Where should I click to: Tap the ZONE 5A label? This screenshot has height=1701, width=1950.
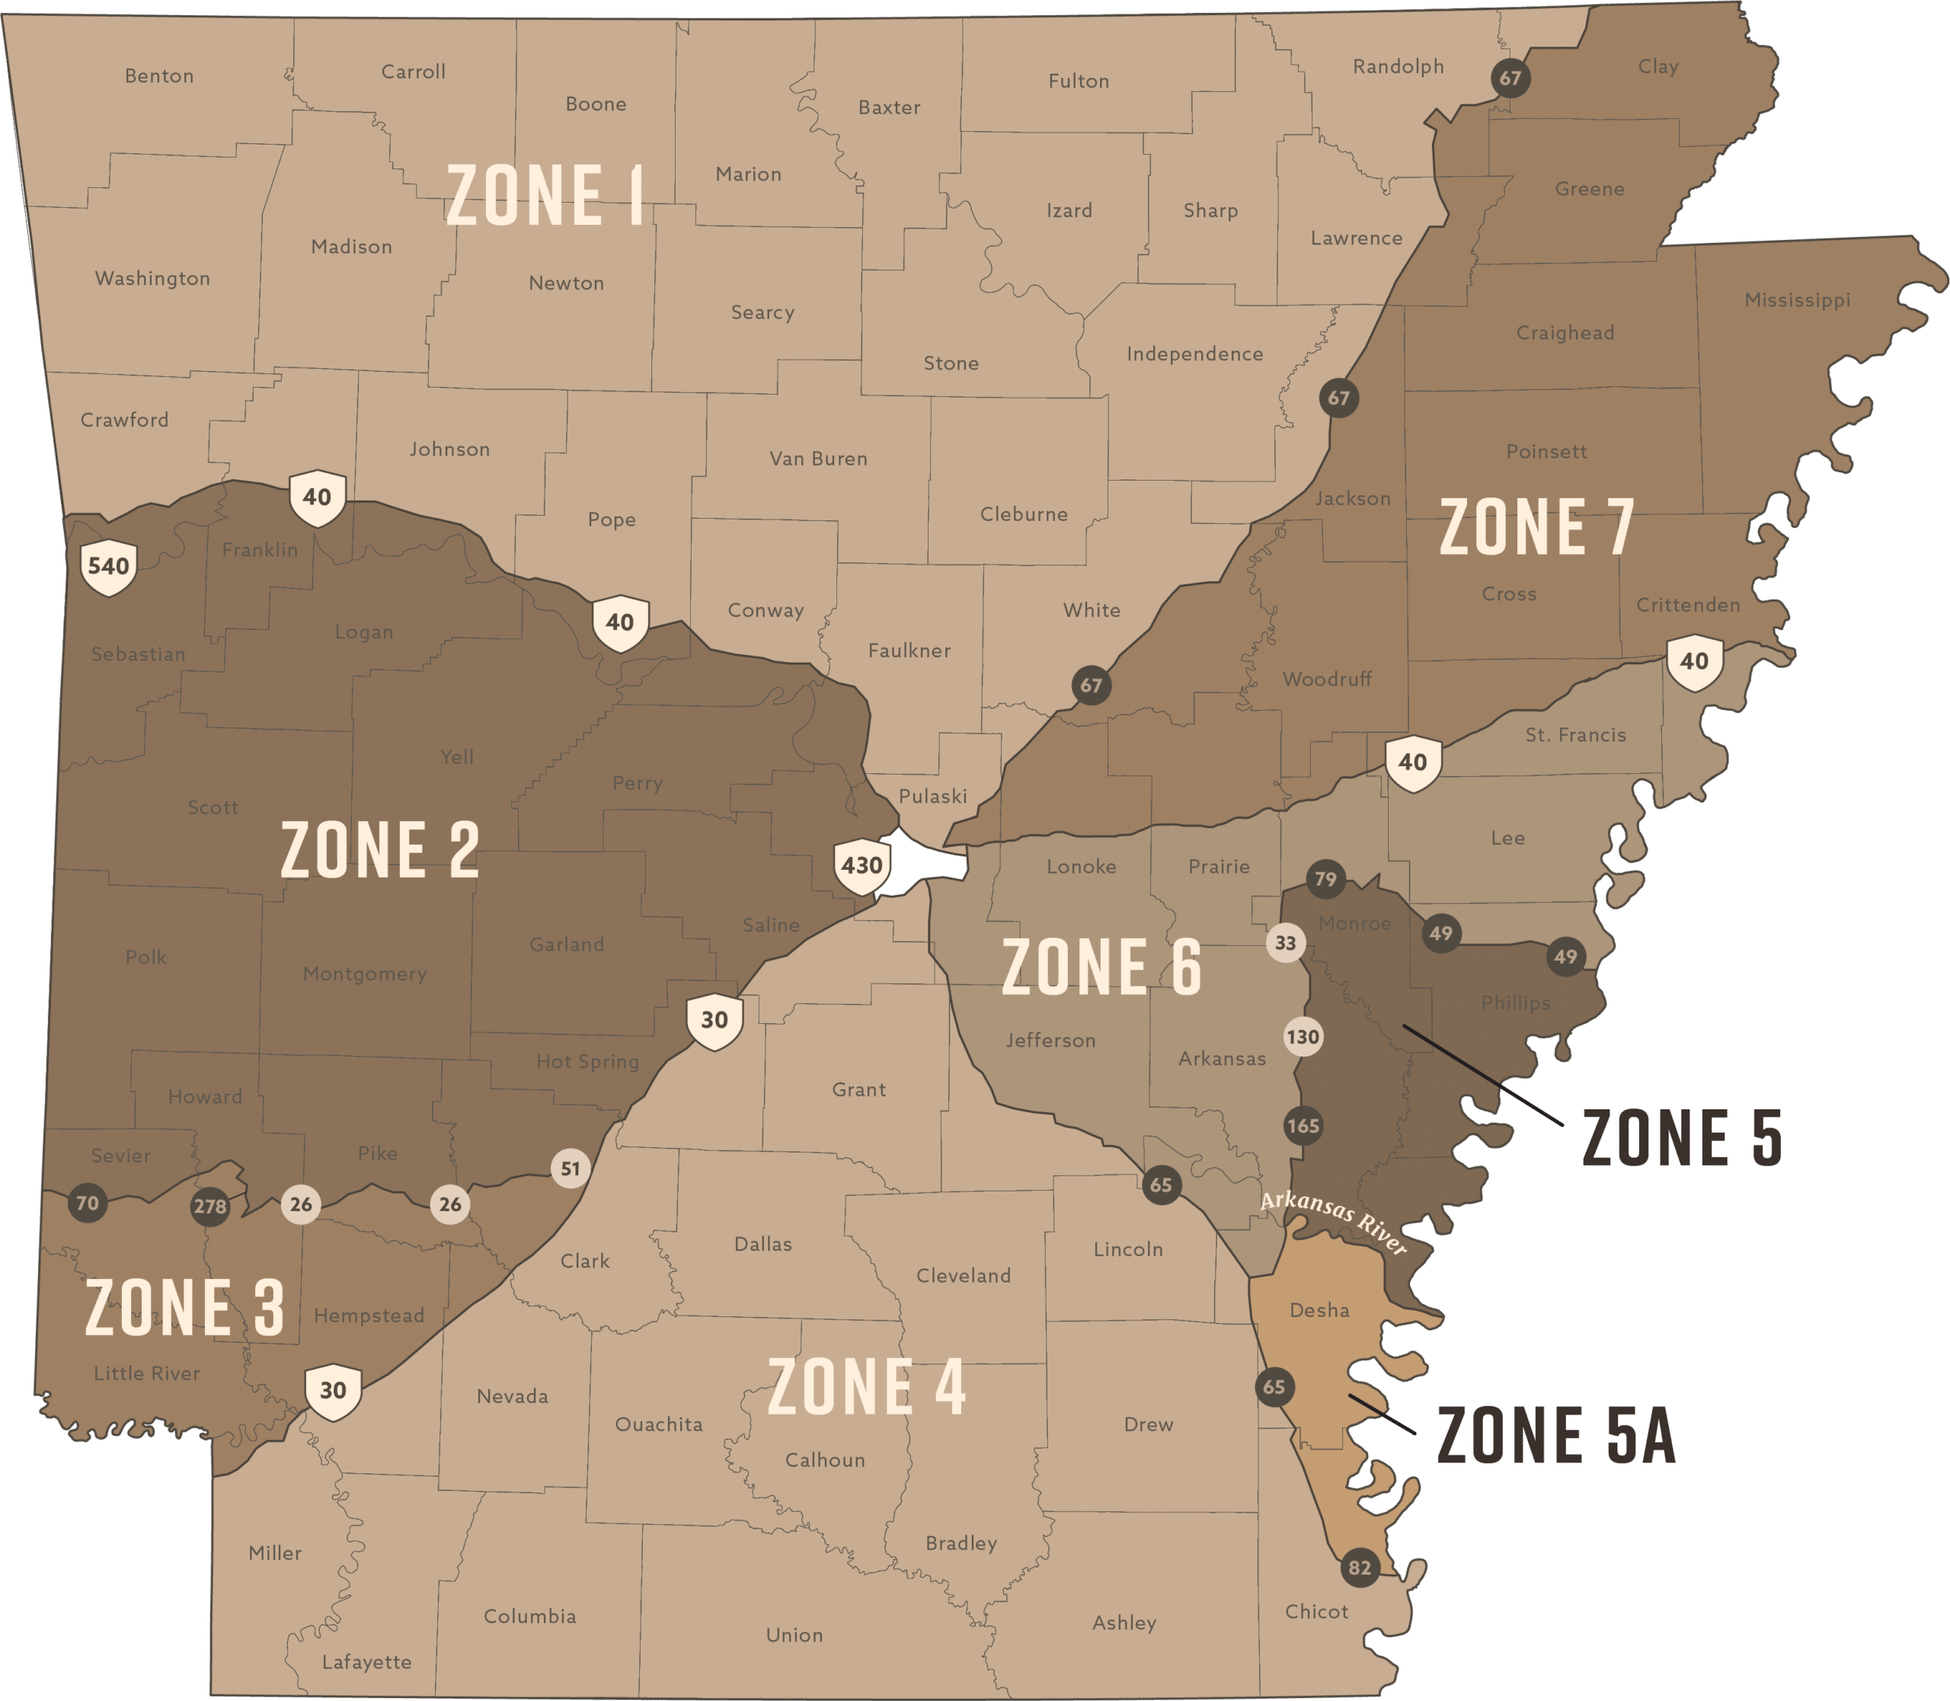1556,1435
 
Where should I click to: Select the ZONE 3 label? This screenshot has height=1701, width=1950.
184,1308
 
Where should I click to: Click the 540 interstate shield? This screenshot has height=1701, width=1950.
108,568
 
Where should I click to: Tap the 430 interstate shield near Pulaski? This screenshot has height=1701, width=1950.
861,865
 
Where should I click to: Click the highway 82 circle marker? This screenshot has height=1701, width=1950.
1360,1567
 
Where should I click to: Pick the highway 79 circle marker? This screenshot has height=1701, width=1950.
1325,879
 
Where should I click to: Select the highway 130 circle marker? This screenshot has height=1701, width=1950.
1303,1037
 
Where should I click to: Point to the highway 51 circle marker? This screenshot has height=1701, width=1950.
570,1169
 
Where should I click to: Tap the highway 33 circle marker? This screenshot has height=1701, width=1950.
1286,942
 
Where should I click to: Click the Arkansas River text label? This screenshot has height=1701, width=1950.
1333,1223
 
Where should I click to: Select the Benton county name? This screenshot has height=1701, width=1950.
159,76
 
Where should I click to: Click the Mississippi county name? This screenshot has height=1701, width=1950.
1797,300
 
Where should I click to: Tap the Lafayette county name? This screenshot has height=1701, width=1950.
366,1662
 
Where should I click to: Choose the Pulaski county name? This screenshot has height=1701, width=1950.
932,796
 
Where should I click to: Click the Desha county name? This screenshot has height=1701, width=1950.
1319,1310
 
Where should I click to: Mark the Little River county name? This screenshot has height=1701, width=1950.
147,1373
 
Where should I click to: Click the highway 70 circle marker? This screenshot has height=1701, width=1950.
88,1204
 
